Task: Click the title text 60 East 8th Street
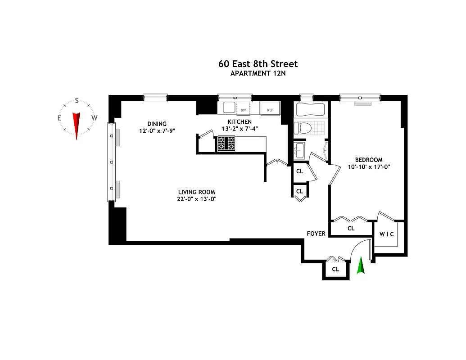coord(258,64)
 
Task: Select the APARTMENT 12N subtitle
coord(258,73)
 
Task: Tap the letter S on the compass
coord(77,101)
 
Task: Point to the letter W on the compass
coord(94,118)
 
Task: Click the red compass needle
coord(77,124)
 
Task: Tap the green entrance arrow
coord(360,266)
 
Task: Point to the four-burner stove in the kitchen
coord(226,144)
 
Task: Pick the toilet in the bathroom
coord(303,128)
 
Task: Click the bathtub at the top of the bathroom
coord(309,109)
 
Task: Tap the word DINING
coord(157,124)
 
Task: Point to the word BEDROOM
coord(369,160)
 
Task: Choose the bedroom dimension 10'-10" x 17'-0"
coord(369,166)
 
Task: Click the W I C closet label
coord(387,234)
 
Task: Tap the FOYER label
coord(316,234)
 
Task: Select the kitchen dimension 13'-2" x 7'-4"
coord(239,129)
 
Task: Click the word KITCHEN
coord(239,121)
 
